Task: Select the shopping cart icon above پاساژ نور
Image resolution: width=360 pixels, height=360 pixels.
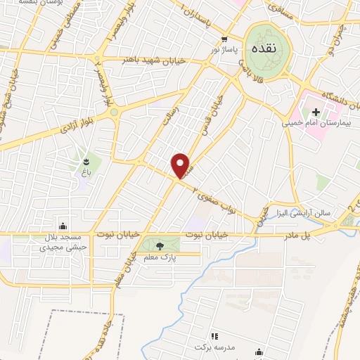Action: tap(224, 40)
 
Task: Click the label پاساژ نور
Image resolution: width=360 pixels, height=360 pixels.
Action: tap(226, 51)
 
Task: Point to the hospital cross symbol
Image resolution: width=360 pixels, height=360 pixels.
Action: tap(315, 112)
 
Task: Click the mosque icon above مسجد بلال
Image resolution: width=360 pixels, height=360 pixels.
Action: tap(64, 226)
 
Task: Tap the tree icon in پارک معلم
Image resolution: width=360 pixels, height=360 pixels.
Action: tap(160, 245)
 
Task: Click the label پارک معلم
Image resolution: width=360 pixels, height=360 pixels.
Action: tap(160, 258)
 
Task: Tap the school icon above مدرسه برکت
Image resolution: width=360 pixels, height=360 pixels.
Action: tap(214, 336)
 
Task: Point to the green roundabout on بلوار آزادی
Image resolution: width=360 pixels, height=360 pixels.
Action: tap(112, 112)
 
